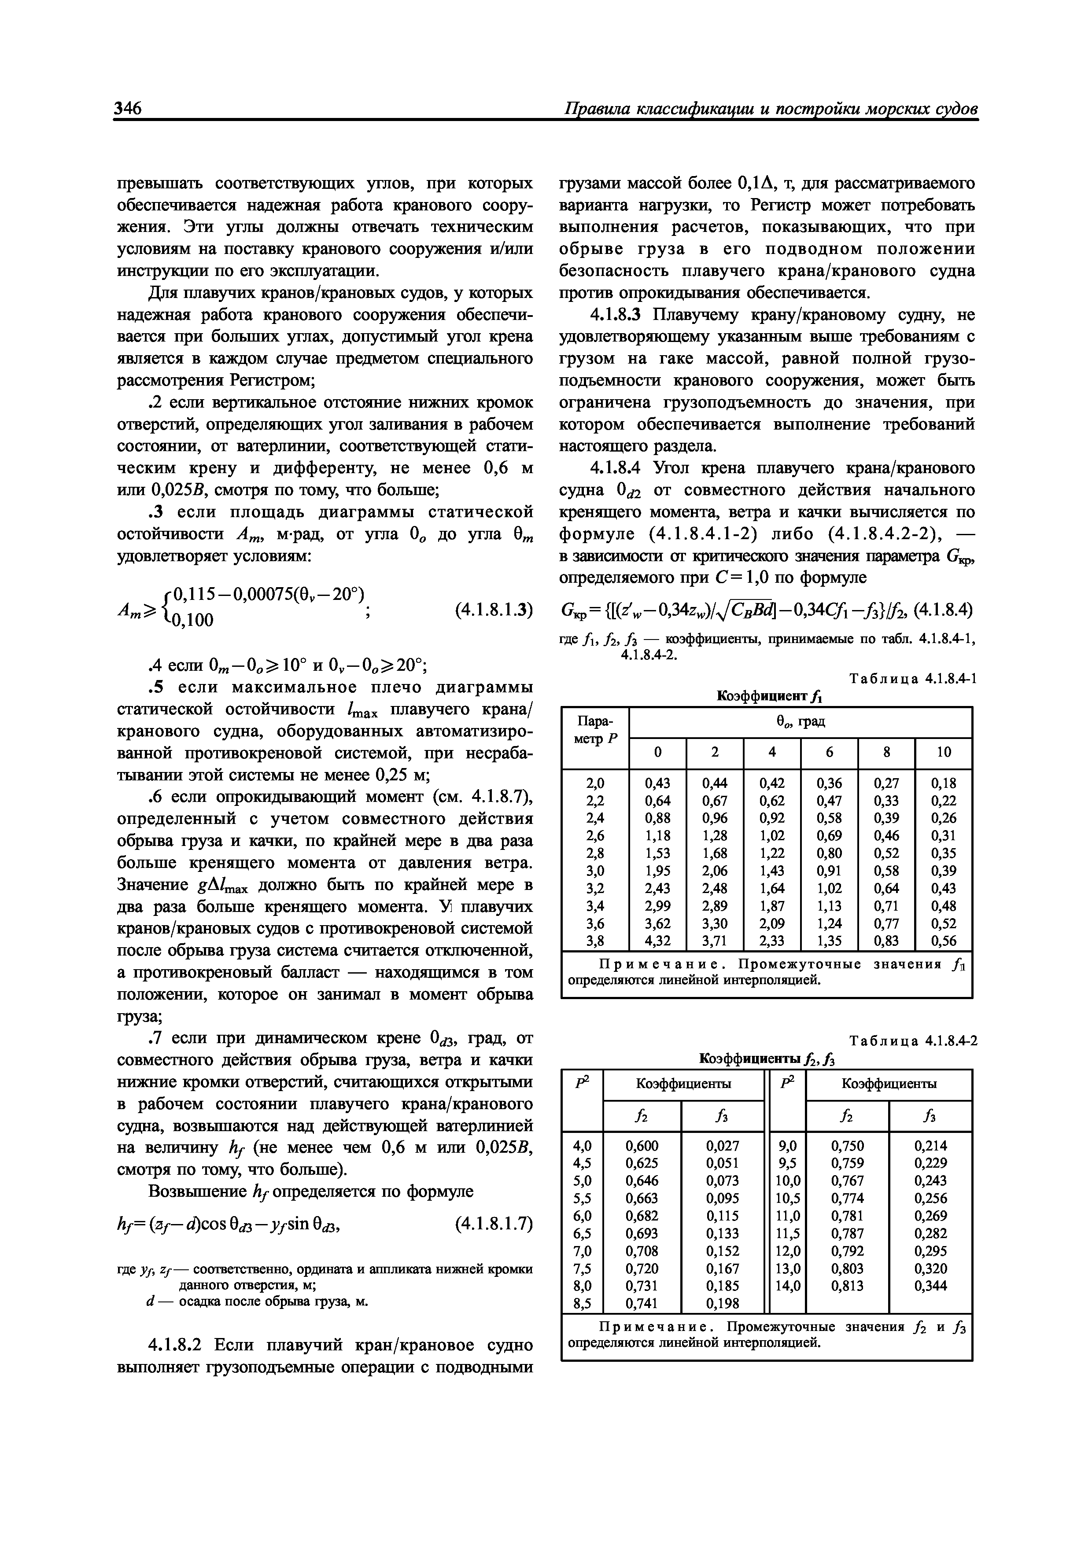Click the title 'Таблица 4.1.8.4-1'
913,679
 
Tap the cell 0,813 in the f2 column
847,1286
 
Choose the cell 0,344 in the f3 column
930,1286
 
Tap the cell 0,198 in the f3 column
723,1303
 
